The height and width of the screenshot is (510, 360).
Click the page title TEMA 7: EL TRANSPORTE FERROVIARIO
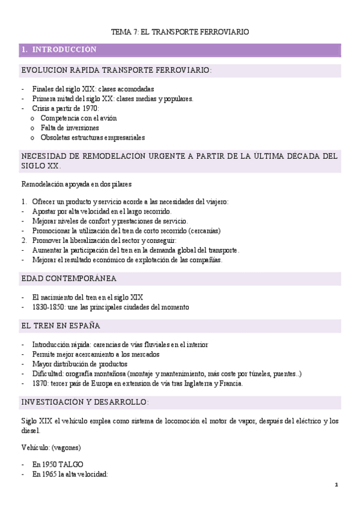click(180, 31)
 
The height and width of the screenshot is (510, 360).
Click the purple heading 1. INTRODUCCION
click(58, 49)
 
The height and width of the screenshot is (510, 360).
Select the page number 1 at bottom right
click(337, 485)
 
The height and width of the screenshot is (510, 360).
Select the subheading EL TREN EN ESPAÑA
click(60, 325)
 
